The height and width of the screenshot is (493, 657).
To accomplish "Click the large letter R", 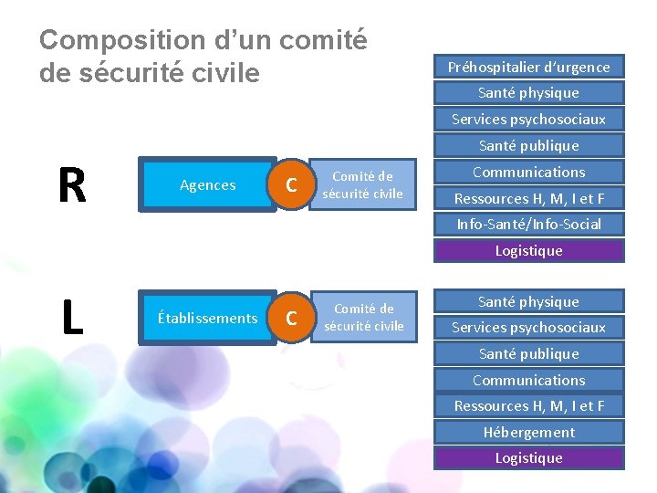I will (x=72, y=185).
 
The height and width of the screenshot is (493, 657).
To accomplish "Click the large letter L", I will (x=71, y=318).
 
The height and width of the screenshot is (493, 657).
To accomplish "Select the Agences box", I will (x=207, y=185).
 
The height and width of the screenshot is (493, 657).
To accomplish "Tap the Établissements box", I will (x=207, y=318).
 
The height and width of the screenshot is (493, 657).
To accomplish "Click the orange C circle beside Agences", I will (x=291, y=185).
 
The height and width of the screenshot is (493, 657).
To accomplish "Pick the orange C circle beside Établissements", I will (x=291, y=318).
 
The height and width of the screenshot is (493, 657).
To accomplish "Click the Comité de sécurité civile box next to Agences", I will (x=362, y=185).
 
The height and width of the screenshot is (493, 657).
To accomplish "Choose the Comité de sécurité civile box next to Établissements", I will (x=363, y=318).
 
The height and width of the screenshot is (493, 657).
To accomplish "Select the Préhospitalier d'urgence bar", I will (x=528, y=67).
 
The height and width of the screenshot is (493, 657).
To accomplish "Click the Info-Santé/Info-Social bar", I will (x=528, y=225).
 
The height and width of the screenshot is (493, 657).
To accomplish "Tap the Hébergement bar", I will (x=528, y=432).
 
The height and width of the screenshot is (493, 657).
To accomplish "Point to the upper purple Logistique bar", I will (x=528, y=250).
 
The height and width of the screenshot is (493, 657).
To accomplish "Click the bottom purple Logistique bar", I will (x=528, y=457).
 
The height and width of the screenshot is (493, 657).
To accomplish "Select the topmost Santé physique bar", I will (x=528, y=92).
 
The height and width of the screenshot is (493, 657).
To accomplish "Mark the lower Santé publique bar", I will (x=528, y=353).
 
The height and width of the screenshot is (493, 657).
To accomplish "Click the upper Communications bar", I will (x=528, y=172).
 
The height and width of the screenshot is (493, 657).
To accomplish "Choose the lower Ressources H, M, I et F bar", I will (x=528, y=405).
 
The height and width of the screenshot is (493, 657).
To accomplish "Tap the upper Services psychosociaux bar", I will (x=528, y=119).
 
